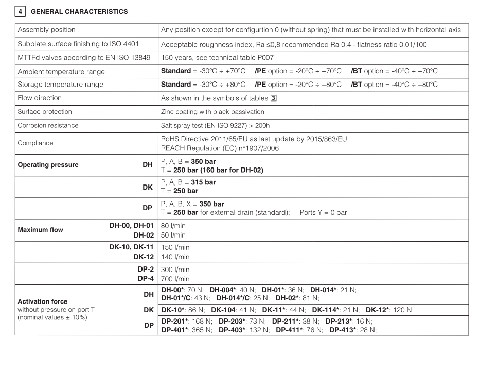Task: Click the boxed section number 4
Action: pos(20,11)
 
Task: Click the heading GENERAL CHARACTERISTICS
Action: pos(79,12)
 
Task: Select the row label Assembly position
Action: pos(46,30)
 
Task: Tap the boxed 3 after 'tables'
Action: pos(273,98)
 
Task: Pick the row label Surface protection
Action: pos(45,112)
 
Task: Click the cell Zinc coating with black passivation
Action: pos(212,112)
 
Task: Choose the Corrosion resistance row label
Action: pos(48,125)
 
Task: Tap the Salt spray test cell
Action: pos(215,125)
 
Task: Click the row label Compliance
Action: pos(35,143)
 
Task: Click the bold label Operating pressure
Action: pos(48,165)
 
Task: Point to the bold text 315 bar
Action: pos(203,182)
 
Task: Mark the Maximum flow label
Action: pos(41,230)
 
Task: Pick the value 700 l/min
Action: pos(175,279)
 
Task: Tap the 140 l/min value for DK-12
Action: pos(175,257)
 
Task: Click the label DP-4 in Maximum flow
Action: pos(146,278)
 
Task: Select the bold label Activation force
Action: pos(43,301)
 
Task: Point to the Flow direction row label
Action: pos(40,98)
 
